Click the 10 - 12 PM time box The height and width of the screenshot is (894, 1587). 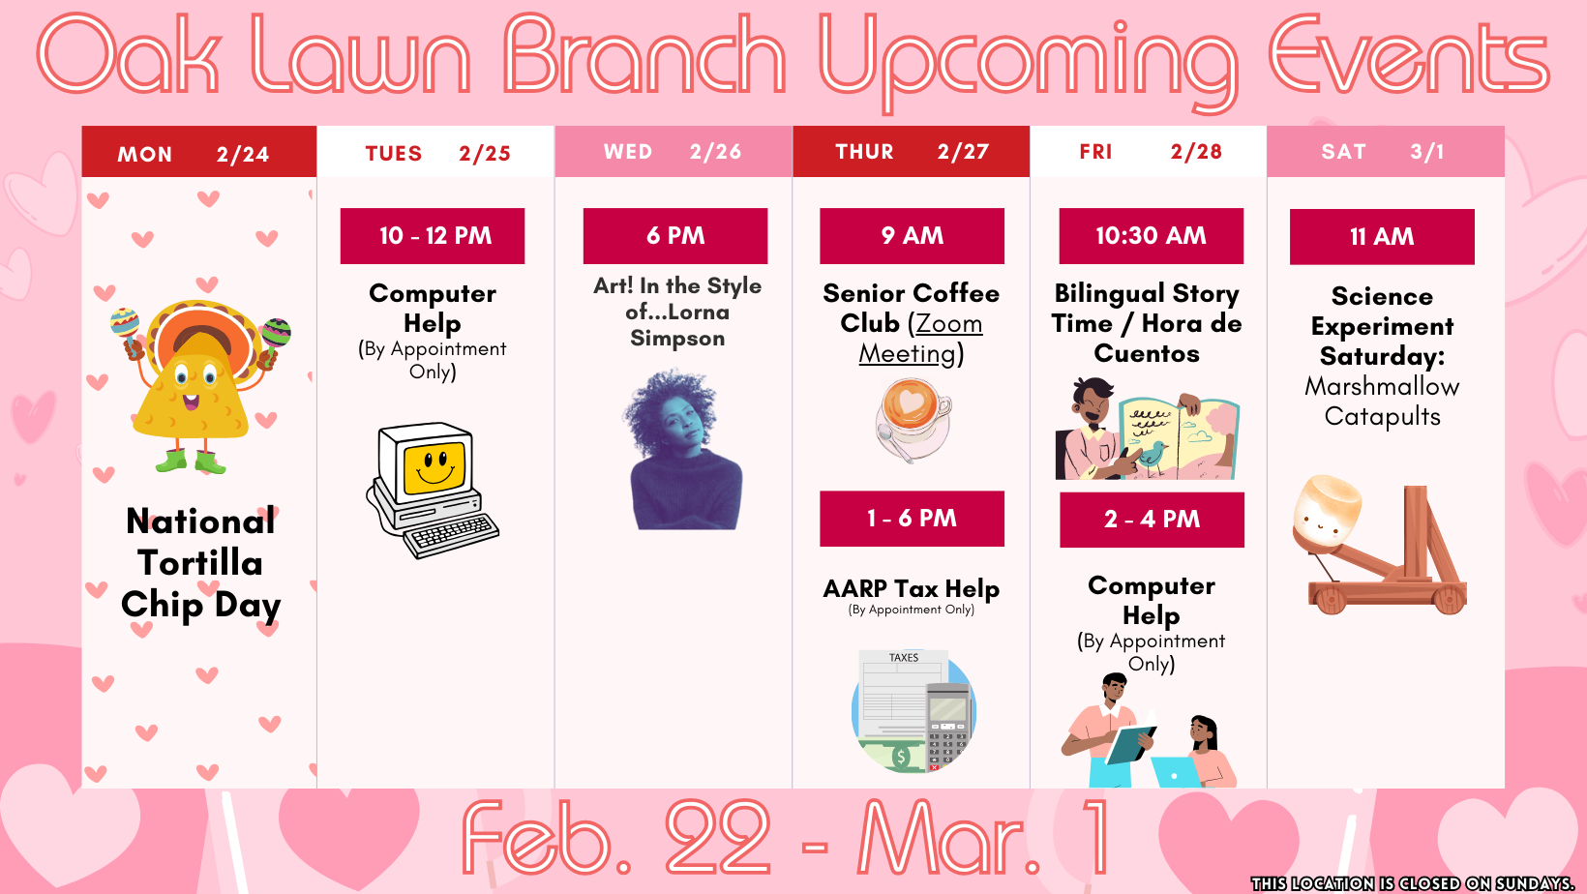tap(432, 236)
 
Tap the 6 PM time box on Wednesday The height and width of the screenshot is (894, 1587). tap(674, 236)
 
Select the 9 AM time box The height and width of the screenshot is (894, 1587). tap(912, 236)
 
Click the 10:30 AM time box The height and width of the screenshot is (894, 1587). tap(1151, 236)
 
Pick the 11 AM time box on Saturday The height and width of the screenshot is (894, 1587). tap(1382, 237)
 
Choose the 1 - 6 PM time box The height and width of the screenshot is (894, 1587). tap(912, 519)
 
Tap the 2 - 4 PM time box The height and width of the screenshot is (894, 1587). tap(1152, 520)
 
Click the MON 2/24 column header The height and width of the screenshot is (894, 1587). tap(198, 153)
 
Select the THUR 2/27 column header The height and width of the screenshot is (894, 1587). tap(911, 152)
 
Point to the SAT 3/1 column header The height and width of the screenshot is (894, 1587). tap(1385, 152)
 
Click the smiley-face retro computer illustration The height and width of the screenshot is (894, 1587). tap(432, 489)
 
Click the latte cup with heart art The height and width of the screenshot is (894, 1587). tap(912, 416)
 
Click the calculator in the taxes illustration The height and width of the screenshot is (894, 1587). tap(947, 726)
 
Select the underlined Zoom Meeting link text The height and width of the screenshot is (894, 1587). tap(919, 339)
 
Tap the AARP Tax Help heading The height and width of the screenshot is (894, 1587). tap(911, 588)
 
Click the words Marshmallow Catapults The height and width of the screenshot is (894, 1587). tap(1382, 402)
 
